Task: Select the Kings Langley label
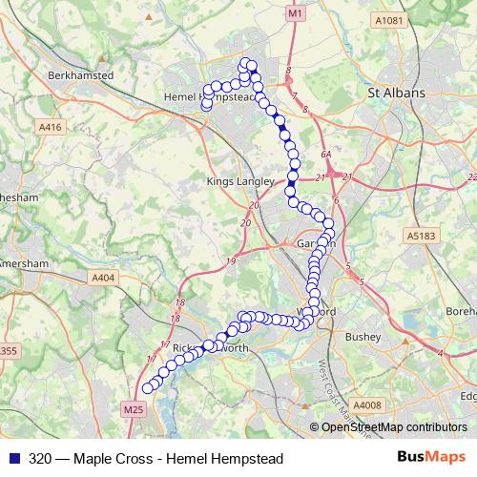(x=240, y=180)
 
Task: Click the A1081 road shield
(x=389, y=20)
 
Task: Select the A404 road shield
(x=104, y=277)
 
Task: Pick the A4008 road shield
(x=366, y=404)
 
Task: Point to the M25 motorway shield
(x=134, y=410)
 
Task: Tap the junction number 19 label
(x=232, y=261)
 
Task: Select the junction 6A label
(x=326, y=153)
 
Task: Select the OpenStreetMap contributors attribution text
(x=394, y=427)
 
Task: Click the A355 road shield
(x=7, y=352)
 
